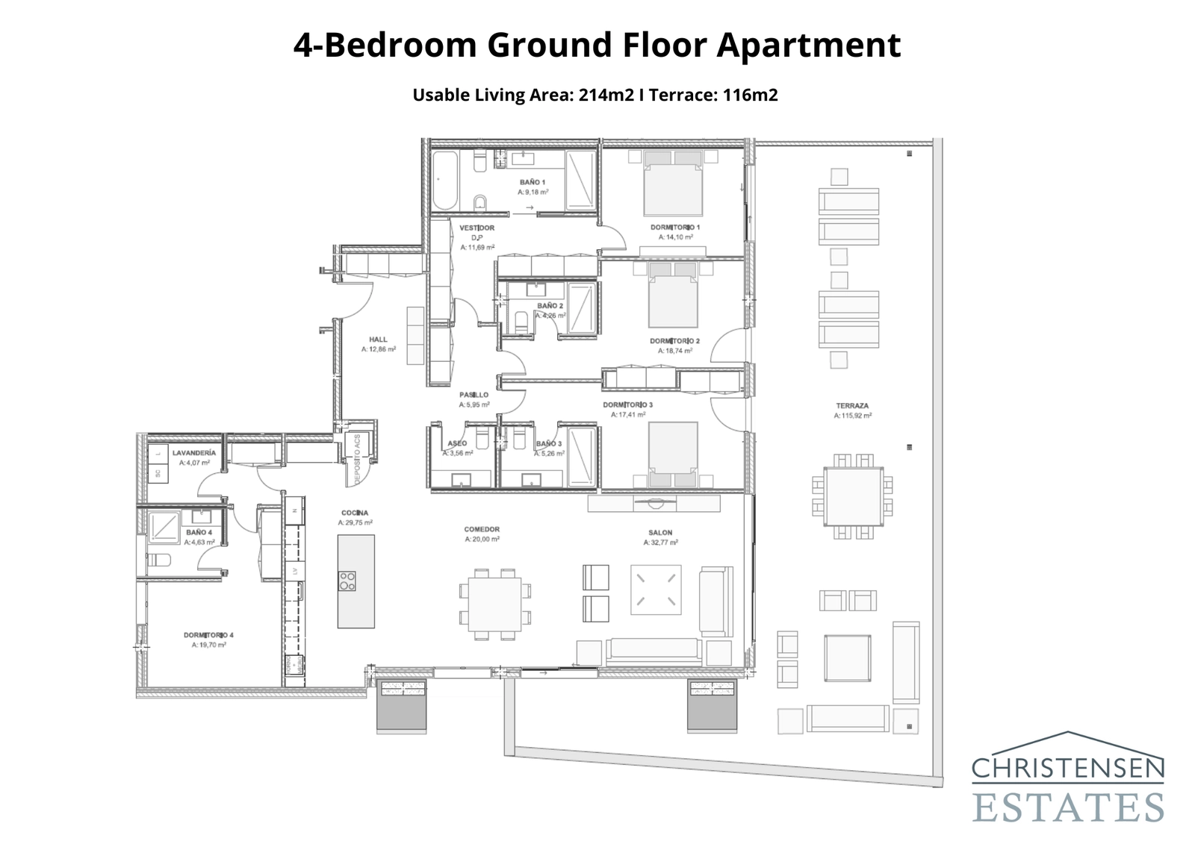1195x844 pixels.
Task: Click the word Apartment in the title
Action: pyautogui.click(x=808, y=45)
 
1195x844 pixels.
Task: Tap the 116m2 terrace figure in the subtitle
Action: pyautogui.click(x=750, y=95)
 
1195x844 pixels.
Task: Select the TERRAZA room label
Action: pyautogui.click(x=852, y=406)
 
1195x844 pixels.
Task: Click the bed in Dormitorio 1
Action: pyautogui.click(x=673, y=190)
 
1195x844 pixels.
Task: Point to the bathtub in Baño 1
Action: pyautogui.click(x=446, y=181)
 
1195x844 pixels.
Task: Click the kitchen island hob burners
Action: pyautogui.click(x=347, y=581)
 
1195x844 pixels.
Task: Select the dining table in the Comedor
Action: pyautogui.click(x=495, y=604)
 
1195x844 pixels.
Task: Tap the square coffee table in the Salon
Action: pyautogui.click(x=657, y=590)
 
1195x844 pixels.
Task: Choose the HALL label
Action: pyautogui.click(x=378, y=340)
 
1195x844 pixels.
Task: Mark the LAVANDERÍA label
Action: pyautogui.click(x=194, y=453)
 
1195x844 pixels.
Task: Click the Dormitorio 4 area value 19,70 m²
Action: pyautogui.click(x=208, y=645)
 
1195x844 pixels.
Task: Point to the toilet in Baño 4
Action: pyautogui.click(x=159, y=560)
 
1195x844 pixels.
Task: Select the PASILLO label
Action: pyautogui.click(x=474, y=395)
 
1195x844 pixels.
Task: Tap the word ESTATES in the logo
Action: pyautogui.click(x=1067, y=807)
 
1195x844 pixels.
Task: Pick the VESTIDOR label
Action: pyautogui.click(x=477, y=228)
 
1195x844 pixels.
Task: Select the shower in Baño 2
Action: pyautogui.click(x=582, y=307)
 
